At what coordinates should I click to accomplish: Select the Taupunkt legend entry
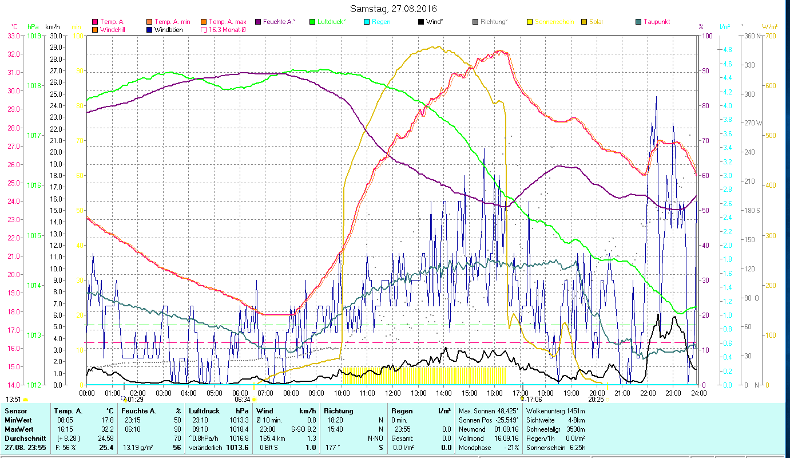pos(656,22)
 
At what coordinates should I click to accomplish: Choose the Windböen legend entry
pos(168,30)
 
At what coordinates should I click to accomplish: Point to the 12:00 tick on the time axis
pos(392,393)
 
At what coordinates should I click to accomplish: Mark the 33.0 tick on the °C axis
pos(13,35)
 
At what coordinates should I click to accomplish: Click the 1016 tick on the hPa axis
pos(33,185)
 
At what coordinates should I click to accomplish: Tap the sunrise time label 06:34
pos(243,400)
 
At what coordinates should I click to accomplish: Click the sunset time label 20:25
pos(597,400)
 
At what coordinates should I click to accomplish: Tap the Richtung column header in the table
pos(339,410)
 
